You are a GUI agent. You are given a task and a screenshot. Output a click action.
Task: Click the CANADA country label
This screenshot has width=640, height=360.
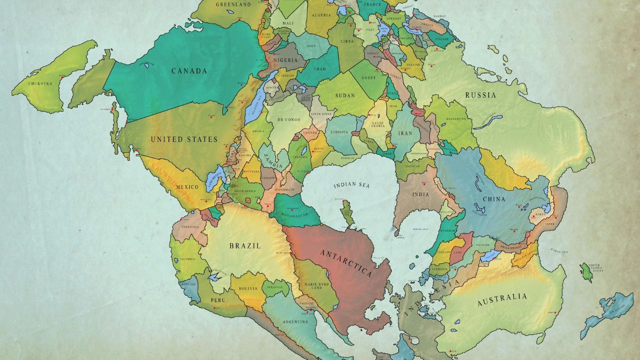(189, 71)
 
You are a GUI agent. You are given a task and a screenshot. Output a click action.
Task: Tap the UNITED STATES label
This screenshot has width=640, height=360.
(184, 139)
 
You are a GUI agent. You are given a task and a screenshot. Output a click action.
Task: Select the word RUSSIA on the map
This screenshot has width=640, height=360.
(480, 95)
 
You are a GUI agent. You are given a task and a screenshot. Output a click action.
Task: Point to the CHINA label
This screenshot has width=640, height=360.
(493, 199)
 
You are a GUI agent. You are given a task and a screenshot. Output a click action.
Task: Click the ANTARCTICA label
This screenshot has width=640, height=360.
(346, 262)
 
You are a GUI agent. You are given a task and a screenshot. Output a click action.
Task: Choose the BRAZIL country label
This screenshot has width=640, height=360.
(244, 246)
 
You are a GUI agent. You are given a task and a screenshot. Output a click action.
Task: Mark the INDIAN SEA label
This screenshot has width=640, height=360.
(351, 185)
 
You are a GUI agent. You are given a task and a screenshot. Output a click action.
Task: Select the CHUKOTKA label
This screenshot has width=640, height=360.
(40, 83)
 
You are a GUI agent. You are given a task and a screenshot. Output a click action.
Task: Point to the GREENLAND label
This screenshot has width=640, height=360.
(233, 4)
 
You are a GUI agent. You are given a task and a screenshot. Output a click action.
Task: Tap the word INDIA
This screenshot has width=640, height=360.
(420, 194)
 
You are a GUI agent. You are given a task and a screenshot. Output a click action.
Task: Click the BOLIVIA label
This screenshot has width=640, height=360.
(248, 288)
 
